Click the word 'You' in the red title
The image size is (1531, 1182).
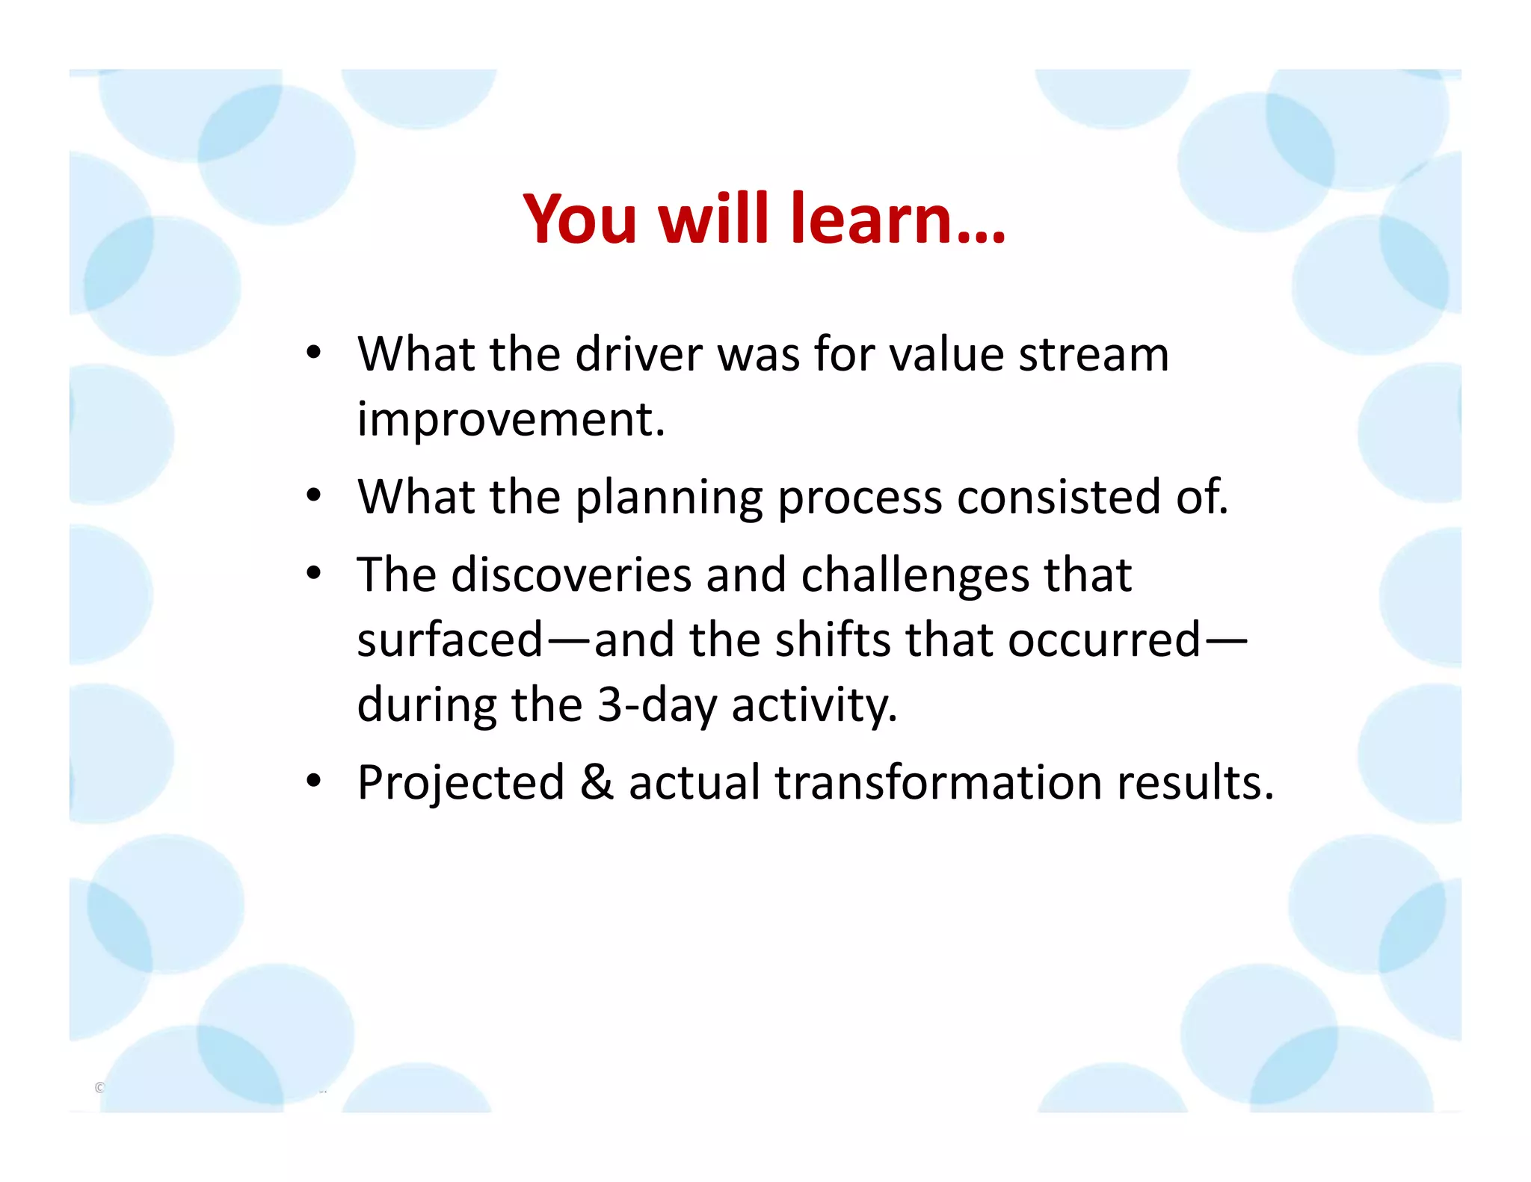(580, 220)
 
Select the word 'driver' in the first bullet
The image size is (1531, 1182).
(638, 354)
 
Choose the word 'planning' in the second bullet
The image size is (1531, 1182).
(668, 498)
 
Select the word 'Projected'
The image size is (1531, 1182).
(460, 783)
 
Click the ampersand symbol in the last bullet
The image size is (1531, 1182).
(596, 783)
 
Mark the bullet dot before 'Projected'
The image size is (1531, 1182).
(313, 782)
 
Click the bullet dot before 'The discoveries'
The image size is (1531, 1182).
(313, 574)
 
